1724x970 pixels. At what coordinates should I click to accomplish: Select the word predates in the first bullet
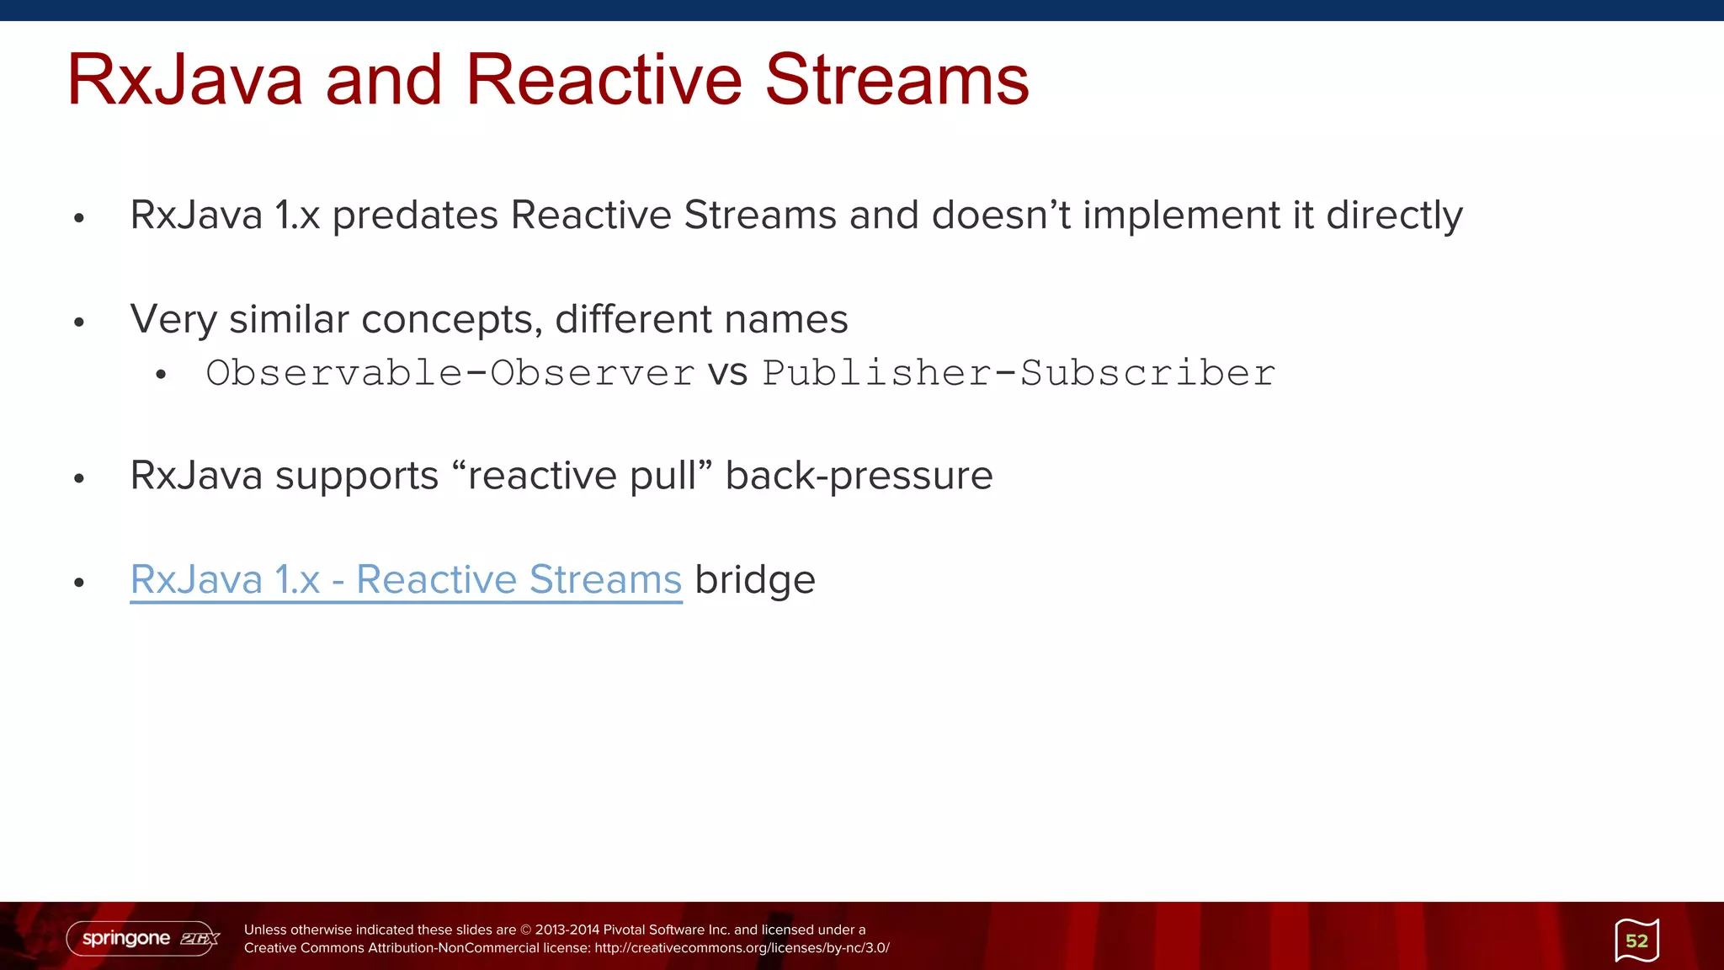click(415, 216)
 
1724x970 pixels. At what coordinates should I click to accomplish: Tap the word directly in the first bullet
click(1394, 216)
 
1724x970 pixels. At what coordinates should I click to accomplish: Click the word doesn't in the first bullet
click(1001, 216)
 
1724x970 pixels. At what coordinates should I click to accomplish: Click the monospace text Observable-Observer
click(450, 373)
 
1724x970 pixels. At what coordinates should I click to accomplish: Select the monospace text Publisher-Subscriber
click(1019, 373)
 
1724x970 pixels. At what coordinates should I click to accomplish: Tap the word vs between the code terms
click(727, 374)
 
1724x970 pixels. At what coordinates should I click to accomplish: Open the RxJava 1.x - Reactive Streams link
click(406, 580)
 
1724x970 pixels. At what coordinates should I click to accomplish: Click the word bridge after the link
click(754, 580)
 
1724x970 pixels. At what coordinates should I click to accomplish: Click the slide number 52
click(1636, 941)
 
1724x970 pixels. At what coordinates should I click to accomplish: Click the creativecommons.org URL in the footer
click(742, 948)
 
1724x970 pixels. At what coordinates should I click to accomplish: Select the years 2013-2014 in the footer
click(567, 930)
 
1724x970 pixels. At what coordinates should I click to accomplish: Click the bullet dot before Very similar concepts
click(79, 322)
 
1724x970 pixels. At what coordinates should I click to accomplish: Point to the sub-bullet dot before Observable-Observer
click(161, 376)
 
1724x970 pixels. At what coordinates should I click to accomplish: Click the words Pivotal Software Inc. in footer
click(666, 930)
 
